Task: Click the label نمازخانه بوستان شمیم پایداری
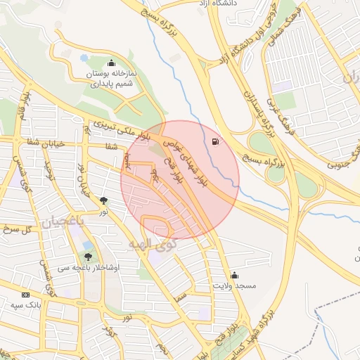pyautogui.click(x=111, y=78)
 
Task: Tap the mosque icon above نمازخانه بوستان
pyautogui.click(x=111, y=64)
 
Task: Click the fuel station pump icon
pyautogui.click(x=214, y=142)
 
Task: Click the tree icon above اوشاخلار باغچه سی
pyautogui.click(x=88, y=257)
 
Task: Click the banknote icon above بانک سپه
pyautogui.click(x=26, y=295)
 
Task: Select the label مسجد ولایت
pyautogui.click(x=234, y=286)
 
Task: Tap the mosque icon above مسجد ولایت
pyautogui.click(x=233, y=275)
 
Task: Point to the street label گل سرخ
pyautogui.click(x=17, y=229)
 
